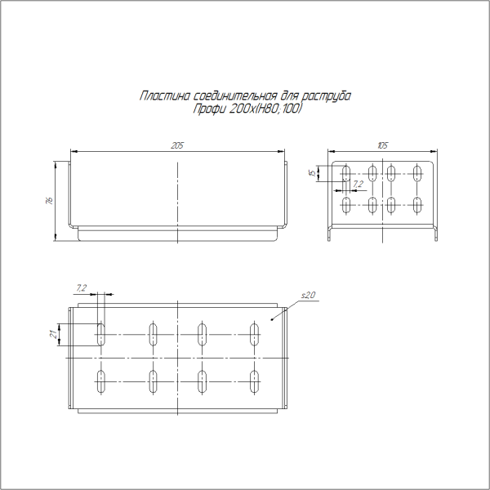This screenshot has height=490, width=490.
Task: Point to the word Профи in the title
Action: click(207, 108)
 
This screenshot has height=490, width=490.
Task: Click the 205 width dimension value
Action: click(176, 145)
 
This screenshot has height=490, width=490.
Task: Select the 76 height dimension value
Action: click(50, 201)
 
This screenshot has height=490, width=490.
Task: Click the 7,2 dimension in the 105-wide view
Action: click(358, 185)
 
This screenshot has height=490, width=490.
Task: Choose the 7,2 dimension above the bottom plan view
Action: click(80, 287)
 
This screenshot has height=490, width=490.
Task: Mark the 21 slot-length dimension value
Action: click(52, 334)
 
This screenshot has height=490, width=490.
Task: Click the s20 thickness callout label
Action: click(308, 294)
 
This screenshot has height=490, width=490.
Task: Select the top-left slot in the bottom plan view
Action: click(102, 334)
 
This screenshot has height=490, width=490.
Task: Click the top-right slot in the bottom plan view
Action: click(254, 334)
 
